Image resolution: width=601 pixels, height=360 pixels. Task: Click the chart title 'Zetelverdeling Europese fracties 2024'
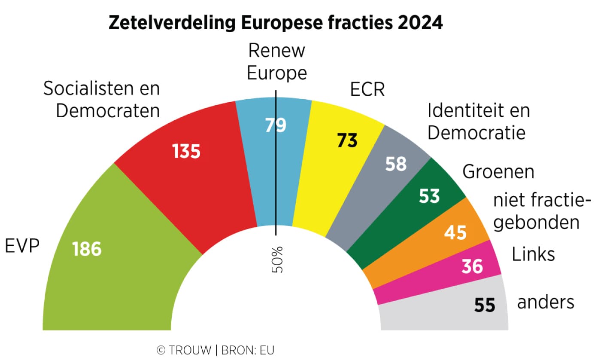coord(275,23)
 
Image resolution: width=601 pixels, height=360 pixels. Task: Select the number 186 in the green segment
coord(87,249)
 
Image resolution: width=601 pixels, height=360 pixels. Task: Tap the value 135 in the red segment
coord(186,151)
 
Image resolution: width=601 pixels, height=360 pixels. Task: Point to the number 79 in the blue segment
coord(275,125)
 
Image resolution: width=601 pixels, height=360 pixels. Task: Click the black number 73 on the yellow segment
coord(347,140)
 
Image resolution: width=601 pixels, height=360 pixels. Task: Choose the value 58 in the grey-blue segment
coord(395,164)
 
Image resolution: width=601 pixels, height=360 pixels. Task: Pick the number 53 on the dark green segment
coord(429,195)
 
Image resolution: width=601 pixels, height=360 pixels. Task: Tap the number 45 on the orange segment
coord(455,233)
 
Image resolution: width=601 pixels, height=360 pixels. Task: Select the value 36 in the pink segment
coord(472,267)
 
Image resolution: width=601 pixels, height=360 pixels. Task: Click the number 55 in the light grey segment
coord(485,305)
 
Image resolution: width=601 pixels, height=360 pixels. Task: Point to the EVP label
coord(22,247)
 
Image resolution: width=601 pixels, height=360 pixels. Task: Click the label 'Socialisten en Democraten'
coord(102,100)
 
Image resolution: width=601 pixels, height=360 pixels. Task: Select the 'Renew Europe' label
coord(277,62)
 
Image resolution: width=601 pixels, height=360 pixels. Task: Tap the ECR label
coord(367,91)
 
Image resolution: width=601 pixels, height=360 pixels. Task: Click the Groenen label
coord(498,172)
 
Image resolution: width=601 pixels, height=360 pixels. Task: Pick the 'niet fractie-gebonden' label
coord(539,211)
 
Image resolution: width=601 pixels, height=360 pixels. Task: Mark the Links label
coord(533,254)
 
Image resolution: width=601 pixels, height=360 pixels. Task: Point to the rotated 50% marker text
coord(277,259)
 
